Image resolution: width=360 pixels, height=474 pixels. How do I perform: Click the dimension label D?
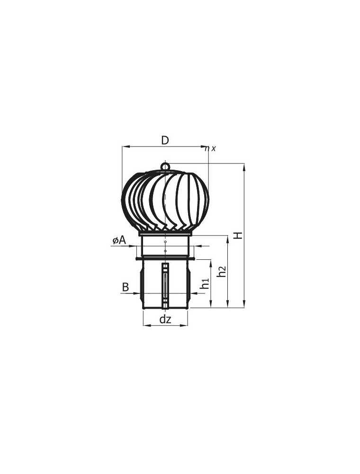point(164,140)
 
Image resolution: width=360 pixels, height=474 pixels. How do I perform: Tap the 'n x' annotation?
point(210,148)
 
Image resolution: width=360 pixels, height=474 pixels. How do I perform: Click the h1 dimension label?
point(204,283)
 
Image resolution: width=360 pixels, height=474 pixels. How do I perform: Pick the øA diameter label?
point(119,241)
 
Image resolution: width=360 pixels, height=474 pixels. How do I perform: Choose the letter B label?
point(125,287)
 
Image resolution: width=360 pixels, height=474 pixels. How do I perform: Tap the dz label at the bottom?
point(165,319)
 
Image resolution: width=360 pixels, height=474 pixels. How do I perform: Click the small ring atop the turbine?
point(165,166)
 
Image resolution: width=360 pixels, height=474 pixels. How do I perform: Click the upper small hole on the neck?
point(165,242)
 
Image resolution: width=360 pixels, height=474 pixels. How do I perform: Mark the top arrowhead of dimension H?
point(244,166)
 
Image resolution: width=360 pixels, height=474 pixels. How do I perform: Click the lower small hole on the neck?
point(165,251)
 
